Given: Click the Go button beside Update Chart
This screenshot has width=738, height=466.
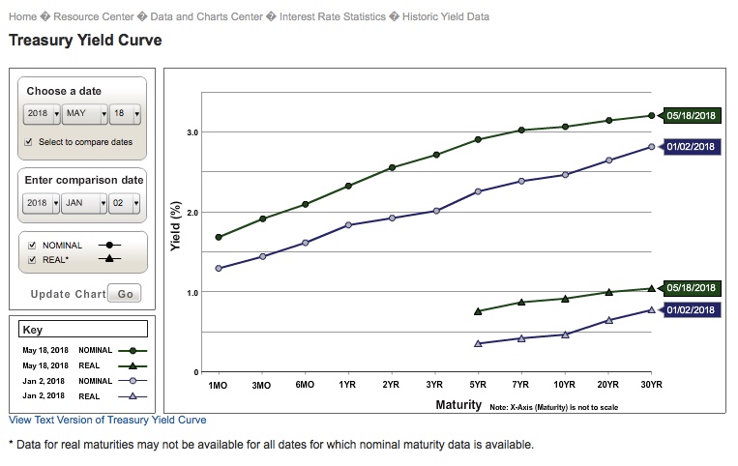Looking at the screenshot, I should point(125,293).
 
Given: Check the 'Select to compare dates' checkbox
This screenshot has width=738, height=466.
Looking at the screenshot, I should point(29,142).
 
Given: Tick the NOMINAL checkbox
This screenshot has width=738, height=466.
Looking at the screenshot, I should point(33,246).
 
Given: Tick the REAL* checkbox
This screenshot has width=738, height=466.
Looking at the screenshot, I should point(33,258).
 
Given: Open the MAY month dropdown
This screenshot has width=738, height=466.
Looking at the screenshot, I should point(84,114).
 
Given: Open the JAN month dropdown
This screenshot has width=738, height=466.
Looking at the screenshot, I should point(84,204).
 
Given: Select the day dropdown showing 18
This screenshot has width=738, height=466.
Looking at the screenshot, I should point(125,114).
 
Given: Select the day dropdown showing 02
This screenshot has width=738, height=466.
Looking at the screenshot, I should point(125,204).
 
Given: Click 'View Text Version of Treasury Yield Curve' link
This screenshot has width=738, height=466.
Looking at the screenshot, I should point(107,421).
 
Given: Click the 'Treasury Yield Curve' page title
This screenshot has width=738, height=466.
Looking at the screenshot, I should point(85,41).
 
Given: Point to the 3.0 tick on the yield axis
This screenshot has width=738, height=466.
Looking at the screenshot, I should point(192,132).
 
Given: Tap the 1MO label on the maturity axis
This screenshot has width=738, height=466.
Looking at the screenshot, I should point(219,385).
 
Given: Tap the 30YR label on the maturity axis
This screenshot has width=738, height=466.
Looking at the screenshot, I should point(651,385).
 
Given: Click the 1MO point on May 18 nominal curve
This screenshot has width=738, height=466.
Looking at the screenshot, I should point(219,237).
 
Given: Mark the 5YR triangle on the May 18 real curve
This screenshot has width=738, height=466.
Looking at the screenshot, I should point(478,311).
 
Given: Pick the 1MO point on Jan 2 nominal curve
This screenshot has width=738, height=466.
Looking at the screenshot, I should point(219,268).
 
